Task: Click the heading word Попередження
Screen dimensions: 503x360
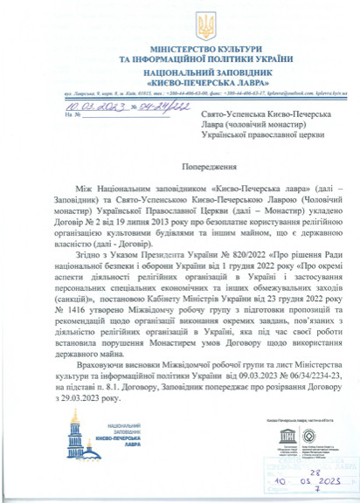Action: (x=180, y=164)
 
